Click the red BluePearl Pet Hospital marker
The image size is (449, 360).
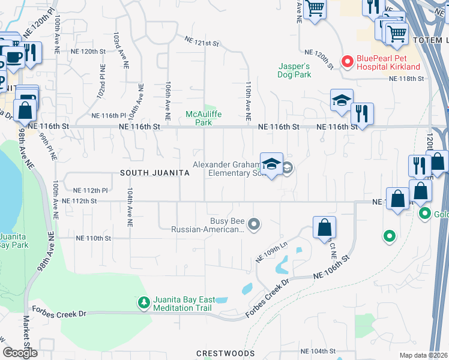pyautogui.click(x=346, y=61)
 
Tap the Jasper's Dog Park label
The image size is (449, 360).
pyautogui.click(x=295, y=70)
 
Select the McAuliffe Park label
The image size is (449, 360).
pyautogui.click(x=200, y=118)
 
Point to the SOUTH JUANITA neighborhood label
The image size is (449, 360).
pyautogui.click(x=155, y=173)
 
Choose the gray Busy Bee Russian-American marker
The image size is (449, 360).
pyautogui.click(x=254, y=224)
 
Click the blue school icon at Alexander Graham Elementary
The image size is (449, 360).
pyautogui.click(x=271, y=164)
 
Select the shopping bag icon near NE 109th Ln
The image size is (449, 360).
pyautogui.click(x=324, y=228)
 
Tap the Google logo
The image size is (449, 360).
pyautogui.click(x=20, y=352)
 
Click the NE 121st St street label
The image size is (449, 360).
pyautogui.click(x=202, y=42)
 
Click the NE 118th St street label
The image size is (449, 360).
pyautogui.click(x=406, y=79)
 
